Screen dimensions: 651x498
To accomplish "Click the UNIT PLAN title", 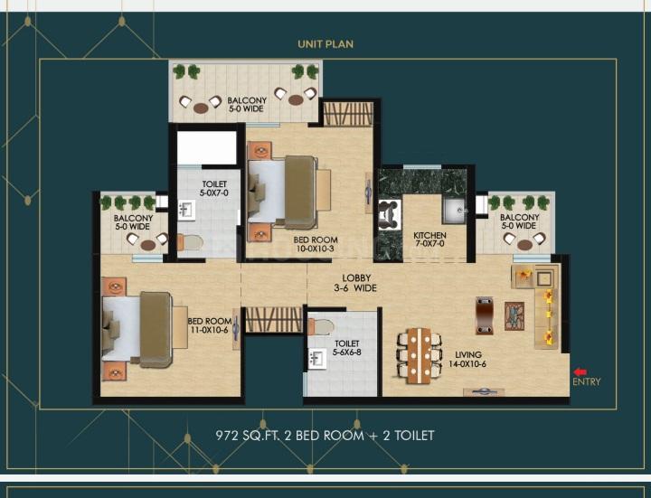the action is point(325,44).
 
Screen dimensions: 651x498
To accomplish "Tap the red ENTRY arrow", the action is point(580,372).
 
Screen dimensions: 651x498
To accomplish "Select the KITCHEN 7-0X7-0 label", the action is point(429,240).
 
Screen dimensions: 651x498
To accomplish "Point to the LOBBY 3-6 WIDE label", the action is point(355,283).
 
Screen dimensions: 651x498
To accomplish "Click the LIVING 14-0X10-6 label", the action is point(467,360).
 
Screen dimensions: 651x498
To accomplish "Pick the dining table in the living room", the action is point(419,356).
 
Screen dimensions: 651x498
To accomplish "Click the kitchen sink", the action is point(455,211).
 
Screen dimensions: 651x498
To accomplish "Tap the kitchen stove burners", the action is point(390,215).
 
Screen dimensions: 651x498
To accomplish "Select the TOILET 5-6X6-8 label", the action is point(346,348).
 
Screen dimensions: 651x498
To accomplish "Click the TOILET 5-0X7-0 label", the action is point(214,188).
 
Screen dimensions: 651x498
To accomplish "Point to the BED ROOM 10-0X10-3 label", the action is point(316,244).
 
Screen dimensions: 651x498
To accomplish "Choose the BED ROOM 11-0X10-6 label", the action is point(210,325).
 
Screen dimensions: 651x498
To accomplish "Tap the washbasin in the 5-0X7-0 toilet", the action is point(187,210).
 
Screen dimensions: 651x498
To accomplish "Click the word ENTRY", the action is point(586,381).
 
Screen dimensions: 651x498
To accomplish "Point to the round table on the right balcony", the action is point(524,244).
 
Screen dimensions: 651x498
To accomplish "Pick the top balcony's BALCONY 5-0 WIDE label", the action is point(247,105).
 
